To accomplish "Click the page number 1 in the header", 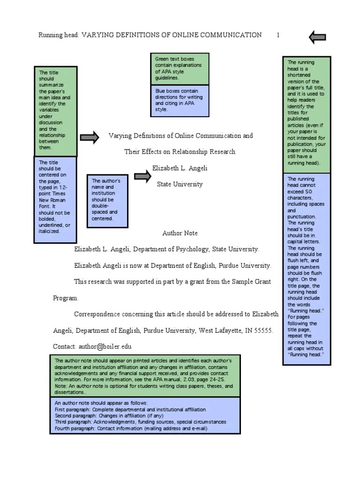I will click(278, 35).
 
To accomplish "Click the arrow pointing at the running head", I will click(318, 37).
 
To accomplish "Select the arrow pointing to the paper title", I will click(90, 137).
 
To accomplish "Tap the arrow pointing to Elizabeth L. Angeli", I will click(142, 176).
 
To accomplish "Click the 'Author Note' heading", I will click(180, 233).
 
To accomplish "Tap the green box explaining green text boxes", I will click(181, 68).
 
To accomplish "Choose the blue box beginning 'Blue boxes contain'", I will click(181, 100).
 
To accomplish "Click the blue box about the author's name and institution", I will click(107, 200).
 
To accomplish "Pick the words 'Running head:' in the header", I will click(59, 35).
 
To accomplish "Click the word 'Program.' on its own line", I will click(65, 298).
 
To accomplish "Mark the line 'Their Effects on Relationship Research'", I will click(180, 152).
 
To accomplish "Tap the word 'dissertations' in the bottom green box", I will click(70, 392).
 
